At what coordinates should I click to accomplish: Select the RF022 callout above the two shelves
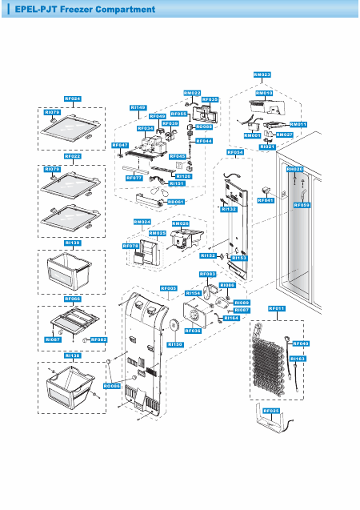[x=72, y=157]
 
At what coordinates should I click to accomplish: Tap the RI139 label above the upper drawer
[x=72, y=242]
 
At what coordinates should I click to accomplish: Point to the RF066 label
[x=72, y=298]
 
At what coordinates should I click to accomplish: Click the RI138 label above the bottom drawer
[x=72, y=354]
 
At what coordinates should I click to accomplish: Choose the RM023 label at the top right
[x=262, y=74]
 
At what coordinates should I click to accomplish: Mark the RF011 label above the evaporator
[x=277, y=308]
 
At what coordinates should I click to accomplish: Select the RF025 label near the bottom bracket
[x=270, y=411]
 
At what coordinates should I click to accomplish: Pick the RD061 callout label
[x=177, y=202]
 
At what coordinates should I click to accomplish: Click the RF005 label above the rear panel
[x=169, y=287]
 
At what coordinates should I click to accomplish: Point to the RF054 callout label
[x=235, y=151]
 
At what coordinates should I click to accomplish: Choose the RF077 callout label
[x=134, y=178]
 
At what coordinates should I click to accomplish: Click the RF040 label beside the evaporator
[x=302, y=343]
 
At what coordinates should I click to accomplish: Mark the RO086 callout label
[x=112, y=386]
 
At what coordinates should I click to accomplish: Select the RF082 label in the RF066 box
[x=98, y=340]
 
